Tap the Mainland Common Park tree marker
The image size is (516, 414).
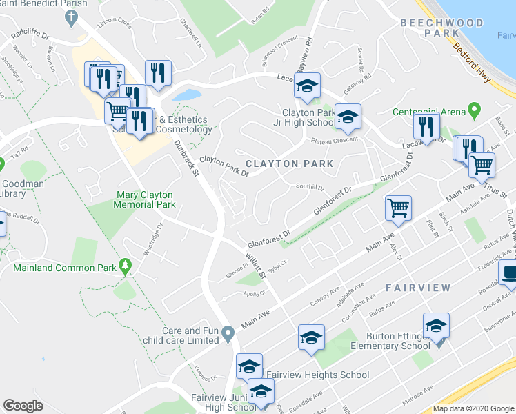pos(125,265)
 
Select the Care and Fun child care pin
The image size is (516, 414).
pos(228,335)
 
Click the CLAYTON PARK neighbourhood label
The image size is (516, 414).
pos(290,164)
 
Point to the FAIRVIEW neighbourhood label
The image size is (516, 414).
pos(418,287)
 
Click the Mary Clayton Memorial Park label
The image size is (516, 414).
pos(145,200)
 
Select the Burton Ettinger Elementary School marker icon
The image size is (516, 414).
pos(436,326)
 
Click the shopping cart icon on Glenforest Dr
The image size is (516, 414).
pos(398,207)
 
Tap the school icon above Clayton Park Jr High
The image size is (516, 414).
pos(308,86)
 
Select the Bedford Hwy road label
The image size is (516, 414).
pos(473,64)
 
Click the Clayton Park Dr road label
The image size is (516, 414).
pos(224,166)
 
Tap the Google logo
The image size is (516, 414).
pos(23,406)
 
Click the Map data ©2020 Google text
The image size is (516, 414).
pos(473,408)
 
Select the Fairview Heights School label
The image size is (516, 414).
pos(317,375)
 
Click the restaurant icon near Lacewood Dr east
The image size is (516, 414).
pos(426,126)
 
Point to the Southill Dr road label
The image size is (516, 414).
pos(310,186)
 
